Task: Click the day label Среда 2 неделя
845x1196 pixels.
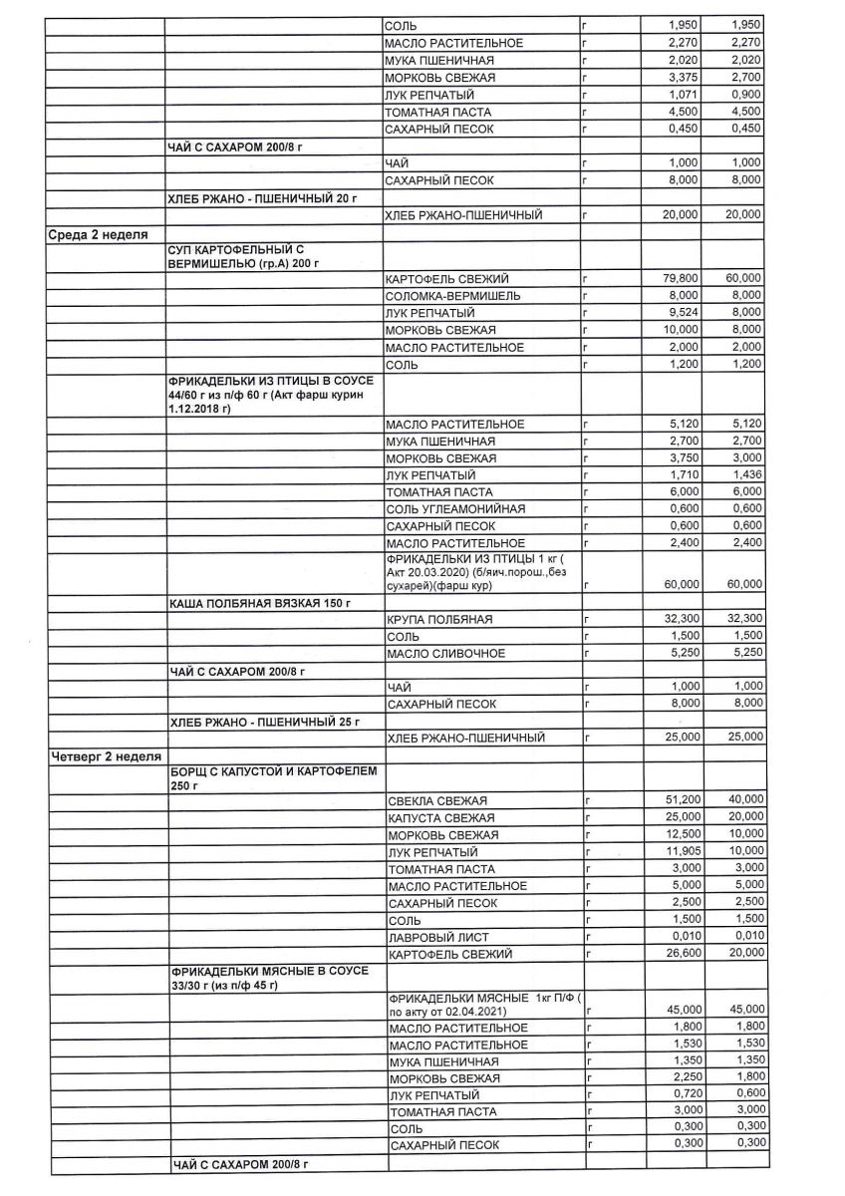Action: coord(99,234)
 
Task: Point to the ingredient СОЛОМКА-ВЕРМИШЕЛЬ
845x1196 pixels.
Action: coord(450,296)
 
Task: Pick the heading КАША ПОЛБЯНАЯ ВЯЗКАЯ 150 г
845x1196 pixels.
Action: coord(262,603)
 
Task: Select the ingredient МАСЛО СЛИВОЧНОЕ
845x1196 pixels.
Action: coord(447,654)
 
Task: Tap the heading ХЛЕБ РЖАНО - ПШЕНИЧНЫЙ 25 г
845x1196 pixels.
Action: coord(264,721)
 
